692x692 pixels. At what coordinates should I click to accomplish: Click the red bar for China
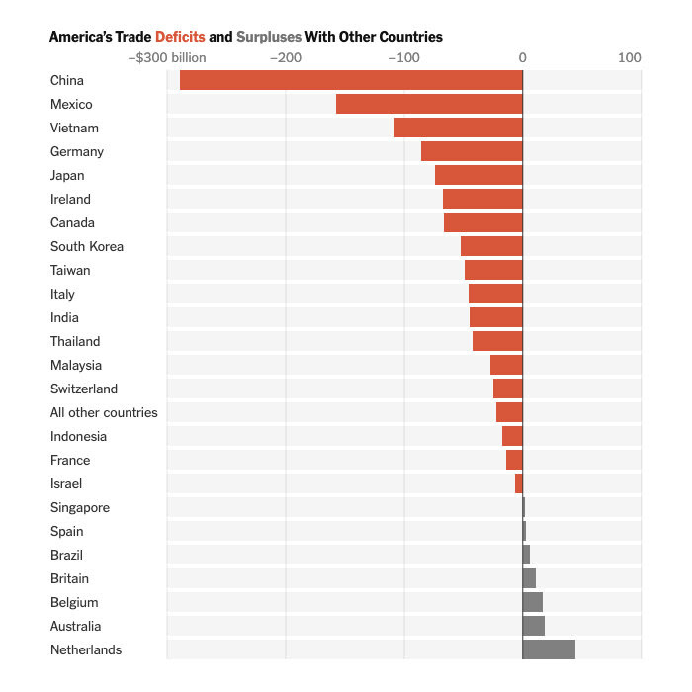[x=351, y=80]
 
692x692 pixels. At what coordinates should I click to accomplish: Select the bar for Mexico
[x=429, y=104]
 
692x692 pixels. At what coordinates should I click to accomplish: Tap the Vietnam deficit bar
[x=458, y=128]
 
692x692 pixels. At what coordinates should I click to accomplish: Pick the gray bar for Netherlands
[x=549, y=649]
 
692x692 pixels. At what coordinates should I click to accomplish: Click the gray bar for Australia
[x=534, y=626]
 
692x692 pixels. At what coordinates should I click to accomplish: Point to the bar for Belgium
[x=533, y=602]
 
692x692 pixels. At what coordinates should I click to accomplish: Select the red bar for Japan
[x=478, y=175]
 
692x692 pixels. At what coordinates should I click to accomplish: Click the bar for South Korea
[x=491, y=246]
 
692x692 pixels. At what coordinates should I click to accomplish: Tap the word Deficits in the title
[x=180, y=37]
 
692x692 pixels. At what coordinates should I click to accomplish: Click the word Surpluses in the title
[x=269, y=37]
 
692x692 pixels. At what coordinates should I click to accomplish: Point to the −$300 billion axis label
[x=167, y=57]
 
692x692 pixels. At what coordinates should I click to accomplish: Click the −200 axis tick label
[x=287, y=57]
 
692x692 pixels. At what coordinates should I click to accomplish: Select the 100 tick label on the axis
[x=630, y=57]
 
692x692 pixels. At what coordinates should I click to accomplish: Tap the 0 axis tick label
[x=523, y=57]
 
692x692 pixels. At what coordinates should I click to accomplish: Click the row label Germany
[x=77, y=151]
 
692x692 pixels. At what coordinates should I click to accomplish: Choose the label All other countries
[x=104, y=412]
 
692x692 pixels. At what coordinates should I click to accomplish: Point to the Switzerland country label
[x=84, y=389]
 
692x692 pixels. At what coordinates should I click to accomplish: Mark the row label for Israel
[x=66, y=483]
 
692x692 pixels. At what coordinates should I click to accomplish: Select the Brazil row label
[x=67, y=555]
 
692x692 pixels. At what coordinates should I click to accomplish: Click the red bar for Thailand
[x=497, y=341]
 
